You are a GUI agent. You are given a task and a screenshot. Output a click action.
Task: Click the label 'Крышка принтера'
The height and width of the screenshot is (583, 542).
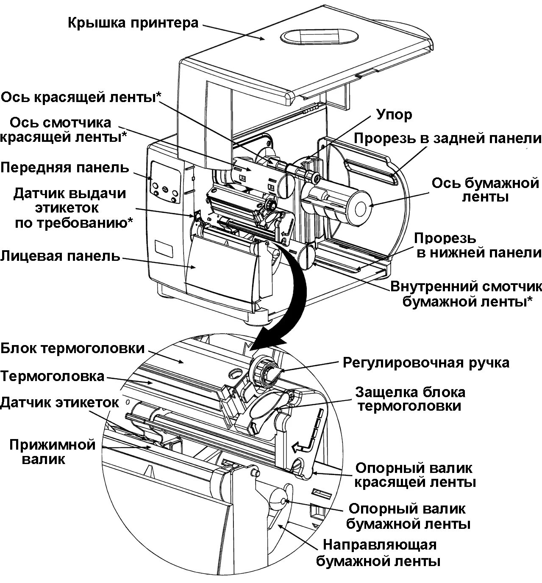point(133,23)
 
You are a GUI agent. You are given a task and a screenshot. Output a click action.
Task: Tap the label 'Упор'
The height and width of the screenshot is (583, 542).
point(394,114)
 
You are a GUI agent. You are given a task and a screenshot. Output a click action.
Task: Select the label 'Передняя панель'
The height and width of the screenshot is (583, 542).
point(64,168)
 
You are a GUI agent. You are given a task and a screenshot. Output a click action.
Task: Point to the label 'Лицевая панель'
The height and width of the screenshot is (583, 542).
point(60,256)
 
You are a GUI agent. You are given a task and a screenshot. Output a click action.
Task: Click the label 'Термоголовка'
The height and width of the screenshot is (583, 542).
point(52,376)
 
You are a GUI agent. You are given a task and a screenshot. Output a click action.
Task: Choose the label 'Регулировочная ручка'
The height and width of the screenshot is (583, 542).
point(426,363)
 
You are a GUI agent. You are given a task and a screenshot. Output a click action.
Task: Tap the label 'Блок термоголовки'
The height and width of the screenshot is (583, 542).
point(72,349)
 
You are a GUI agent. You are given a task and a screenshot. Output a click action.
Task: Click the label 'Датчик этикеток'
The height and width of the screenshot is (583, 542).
point(59,402)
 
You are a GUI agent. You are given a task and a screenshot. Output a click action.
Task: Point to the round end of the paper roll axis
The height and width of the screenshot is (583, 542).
point(360,207)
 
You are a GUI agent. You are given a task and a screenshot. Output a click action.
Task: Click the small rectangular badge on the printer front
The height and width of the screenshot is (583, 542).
point(164,249)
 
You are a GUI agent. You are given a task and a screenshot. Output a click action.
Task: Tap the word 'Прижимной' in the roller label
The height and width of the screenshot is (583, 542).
point(53,445)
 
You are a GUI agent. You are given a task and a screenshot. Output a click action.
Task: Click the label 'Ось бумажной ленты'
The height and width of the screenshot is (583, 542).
point(485,190)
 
